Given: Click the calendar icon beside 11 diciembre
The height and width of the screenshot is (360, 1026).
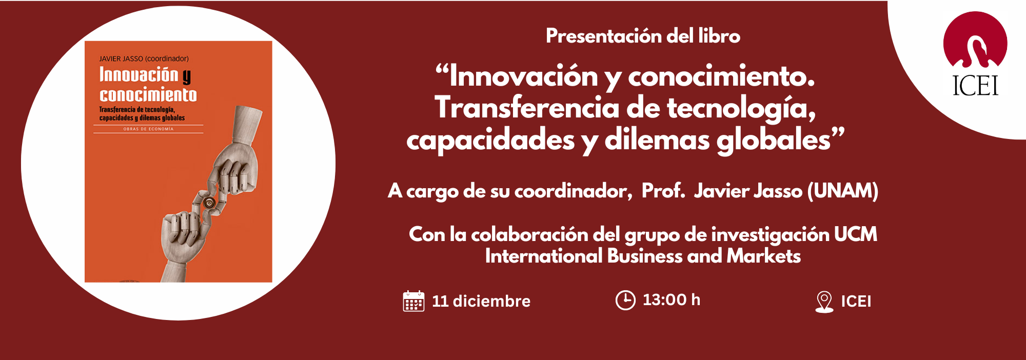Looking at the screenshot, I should tap(413, 301).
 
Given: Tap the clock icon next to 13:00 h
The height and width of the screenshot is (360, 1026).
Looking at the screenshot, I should tap(625, 300).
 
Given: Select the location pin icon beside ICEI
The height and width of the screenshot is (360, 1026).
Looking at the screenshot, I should tap(824, 302).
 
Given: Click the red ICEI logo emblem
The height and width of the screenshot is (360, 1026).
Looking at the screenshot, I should tap(975, 41).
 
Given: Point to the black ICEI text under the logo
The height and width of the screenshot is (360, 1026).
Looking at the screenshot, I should tap(975, 86).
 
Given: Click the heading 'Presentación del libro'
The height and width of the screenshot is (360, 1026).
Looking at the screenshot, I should tap(643, 36).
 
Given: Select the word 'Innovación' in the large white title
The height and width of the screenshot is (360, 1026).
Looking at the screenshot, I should tap(523, 76).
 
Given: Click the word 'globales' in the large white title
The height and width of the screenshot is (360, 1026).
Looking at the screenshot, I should tap(774, 140).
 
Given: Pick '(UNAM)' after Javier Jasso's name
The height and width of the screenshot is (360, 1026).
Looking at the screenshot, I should tap(842, 191).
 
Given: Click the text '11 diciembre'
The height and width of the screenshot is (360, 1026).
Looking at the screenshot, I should tap(481, 301).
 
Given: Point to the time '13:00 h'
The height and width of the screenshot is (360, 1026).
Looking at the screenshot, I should tap(671, 299).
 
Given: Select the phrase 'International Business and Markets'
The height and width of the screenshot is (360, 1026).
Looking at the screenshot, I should tap(643, 256).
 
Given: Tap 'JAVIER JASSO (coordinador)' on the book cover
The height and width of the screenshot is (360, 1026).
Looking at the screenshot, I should tap(144, 59).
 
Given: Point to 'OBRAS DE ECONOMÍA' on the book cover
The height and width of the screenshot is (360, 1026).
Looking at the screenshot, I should tap(148, 129).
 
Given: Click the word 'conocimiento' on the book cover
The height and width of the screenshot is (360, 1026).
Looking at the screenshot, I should tap(148, 95).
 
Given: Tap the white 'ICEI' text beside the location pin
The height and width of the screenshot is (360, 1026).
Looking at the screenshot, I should tap(856, 301).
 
